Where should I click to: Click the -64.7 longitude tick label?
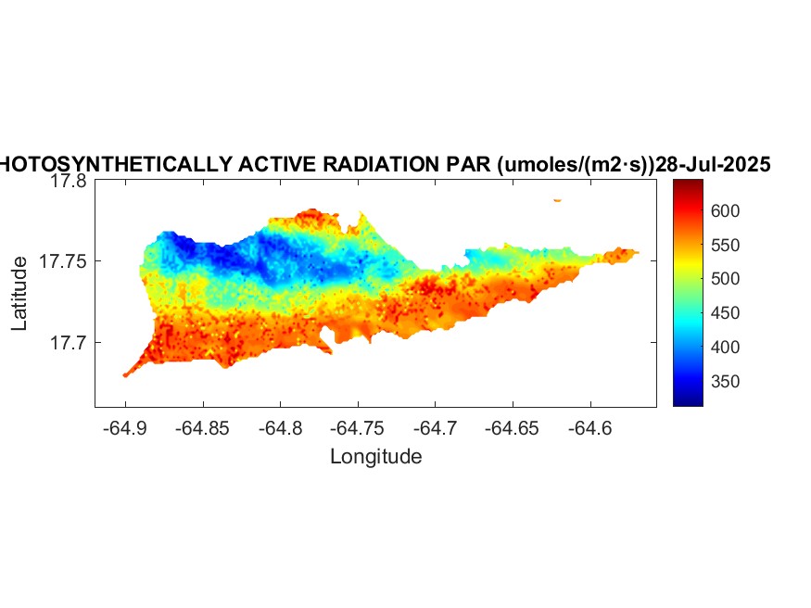(x=436, y=429)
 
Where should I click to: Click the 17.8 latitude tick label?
(x=68, y=182)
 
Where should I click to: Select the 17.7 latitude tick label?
(x=68, y=343)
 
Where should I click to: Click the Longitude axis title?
(x=376, y=456)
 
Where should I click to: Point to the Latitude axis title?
(x=19, y=294)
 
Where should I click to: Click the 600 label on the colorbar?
(x=702, y=210)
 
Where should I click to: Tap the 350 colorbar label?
(x=702, y=381)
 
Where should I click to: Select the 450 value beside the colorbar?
(x=702, y=313)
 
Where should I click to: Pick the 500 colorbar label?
(x=702, y=279)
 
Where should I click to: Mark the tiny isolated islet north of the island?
(x=557, y=199)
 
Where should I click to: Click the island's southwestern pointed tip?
(x=125, y=375)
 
